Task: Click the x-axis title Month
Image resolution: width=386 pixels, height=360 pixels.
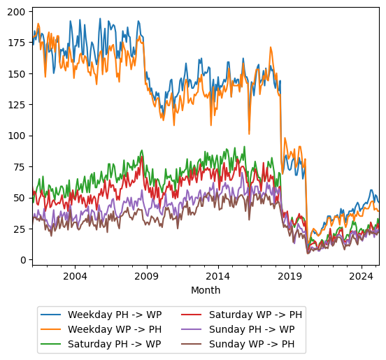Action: coord(206,290)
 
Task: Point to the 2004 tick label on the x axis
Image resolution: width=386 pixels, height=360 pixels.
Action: coord(75,276)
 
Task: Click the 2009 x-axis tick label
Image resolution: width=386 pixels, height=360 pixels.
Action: coord(146,276)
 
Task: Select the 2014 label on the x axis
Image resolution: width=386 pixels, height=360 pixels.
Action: coord(217,276)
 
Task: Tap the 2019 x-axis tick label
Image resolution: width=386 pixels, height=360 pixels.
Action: coord(289,276)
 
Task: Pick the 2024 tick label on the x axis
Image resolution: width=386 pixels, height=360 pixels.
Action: coord(361,276)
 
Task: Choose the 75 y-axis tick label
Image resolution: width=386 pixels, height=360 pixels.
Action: coord(21,166)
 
